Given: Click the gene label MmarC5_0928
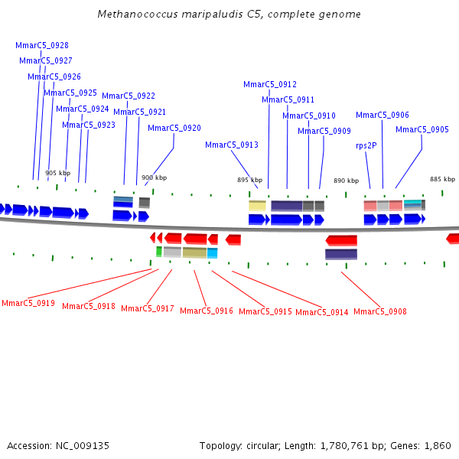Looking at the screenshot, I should click(42, 45).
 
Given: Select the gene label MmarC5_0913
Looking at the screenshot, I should click(231, 145).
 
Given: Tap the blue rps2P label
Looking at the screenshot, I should click(366, 145).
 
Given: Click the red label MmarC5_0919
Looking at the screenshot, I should click(28, 303).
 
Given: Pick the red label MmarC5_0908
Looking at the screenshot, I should click(380, 311).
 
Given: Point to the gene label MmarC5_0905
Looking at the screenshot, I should click(422, 129).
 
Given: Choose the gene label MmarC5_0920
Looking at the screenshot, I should click(174, 128).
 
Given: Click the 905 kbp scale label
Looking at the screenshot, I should click(57, 173).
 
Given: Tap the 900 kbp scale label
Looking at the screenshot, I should click(154, 177).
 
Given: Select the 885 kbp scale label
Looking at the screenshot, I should click(442, 179).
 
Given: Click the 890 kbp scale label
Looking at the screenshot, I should click(346, 181).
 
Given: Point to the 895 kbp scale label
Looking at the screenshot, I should click(249, 181).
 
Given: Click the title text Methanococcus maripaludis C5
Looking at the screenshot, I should click(229, 15).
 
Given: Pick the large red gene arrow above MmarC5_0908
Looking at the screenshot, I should click(341, 240).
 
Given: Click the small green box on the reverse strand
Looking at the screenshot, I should click(159, 252).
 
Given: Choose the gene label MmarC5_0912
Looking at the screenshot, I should click(270, 84).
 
